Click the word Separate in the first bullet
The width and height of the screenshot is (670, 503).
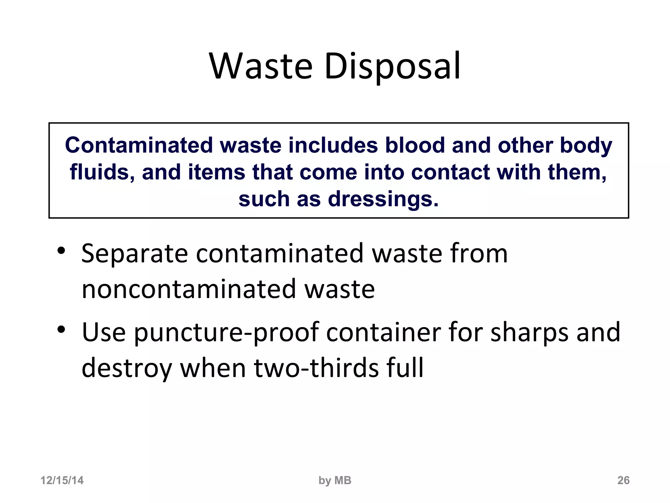click(134, 253)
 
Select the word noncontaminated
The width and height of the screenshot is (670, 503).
click(189, 289)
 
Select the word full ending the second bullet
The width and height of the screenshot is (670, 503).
click(405, 367)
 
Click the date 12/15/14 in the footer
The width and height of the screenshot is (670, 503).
click(62, 480)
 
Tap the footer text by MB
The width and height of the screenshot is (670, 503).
click(335, 480)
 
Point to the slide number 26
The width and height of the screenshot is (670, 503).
click(623, 480)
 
